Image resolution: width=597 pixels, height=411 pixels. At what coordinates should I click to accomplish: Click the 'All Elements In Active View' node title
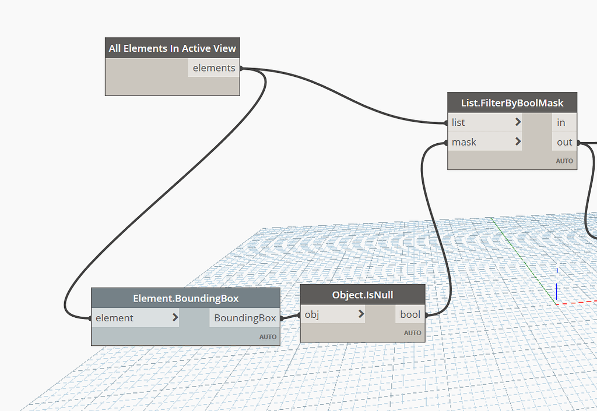(173, 48)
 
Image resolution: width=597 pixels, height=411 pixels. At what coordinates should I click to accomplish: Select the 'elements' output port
(214, 68)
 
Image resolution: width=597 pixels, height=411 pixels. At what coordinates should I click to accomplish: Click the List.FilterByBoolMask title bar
(512, 103)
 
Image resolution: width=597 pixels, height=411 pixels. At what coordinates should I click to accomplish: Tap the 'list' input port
(458, 123)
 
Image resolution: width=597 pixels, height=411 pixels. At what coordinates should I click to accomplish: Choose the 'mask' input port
(464, 142)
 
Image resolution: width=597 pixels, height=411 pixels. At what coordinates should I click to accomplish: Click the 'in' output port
(561, 123)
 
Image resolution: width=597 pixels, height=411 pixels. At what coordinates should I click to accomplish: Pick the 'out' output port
(564, 142)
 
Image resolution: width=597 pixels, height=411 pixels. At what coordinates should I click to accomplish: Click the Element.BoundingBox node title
(185, 299)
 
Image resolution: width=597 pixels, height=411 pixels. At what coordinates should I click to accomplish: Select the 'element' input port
(115, 318)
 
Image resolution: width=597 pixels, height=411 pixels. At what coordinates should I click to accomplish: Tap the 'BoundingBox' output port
(245, 318)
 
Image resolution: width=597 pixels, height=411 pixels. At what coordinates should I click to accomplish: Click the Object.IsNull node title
(363, 295)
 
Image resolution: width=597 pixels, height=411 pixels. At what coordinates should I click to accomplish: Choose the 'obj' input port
(312, 314)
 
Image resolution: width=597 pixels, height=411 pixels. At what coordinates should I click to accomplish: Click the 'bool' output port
(410, 314)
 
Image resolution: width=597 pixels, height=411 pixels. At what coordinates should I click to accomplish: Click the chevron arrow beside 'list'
(518, 123)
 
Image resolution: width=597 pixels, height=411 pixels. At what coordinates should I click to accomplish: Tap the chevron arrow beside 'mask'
(518, 142)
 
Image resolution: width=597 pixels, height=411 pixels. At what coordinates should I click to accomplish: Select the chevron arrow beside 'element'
(175, 318)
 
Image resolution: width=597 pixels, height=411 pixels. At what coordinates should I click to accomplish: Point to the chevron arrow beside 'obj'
(361, 314)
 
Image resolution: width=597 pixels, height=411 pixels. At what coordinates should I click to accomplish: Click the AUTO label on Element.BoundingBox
(268, 337)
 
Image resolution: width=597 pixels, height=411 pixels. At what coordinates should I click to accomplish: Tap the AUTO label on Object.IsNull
(412, 333)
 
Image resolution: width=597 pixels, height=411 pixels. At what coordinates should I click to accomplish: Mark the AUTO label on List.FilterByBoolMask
(564, 161)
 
